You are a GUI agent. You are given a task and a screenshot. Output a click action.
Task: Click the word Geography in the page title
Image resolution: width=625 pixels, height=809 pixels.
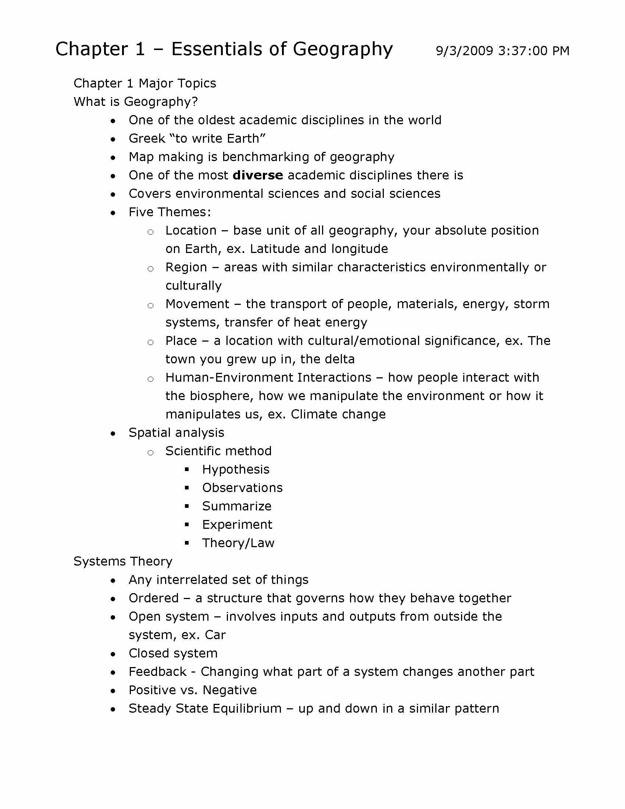(343, 49)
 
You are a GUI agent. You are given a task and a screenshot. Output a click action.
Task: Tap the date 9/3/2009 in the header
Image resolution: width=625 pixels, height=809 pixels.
(464, 51)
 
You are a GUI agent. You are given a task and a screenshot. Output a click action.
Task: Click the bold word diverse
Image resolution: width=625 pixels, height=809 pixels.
(258, 175)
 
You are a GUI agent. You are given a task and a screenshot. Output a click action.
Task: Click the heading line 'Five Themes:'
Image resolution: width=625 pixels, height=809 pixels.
(169, 212)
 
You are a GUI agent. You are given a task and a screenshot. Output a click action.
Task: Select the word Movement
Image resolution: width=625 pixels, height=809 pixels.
(197, 304)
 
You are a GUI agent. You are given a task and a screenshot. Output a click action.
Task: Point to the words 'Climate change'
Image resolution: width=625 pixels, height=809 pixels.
(338, 414)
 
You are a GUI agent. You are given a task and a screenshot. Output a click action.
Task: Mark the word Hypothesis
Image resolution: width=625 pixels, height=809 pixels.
(236, 470)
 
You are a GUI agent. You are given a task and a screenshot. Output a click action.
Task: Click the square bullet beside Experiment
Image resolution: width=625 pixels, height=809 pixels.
(187, 524)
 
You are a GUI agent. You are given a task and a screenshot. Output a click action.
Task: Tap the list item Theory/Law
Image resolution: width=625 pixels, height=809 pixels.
(238, 543)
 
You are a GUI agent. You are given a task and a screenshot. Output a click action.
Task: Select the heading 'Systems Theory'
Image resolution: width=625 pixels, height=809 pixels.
(123, 562)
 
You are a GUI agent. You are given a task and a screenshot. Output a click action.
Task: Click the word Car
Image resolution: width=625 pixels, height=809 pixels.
(215, 635)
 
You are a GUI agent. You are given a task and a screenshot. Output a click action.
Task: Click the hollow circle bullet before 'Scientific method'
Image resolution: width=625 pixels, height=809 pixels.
(150, 452)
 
